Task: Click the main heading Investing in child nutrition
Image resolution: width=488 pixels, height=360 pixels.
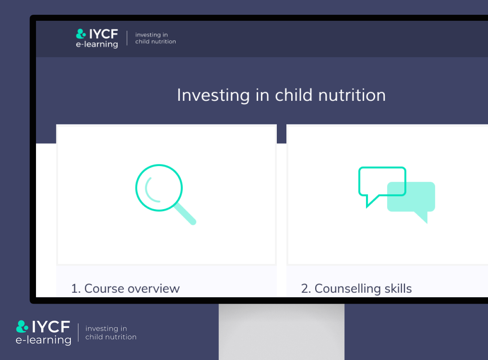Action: [281, 95]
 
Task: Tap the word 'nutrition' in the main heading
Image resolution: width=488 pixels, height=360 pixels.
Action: [352, 95]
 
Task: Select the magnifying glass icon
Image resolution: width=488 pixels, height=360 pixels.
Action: [166, 194]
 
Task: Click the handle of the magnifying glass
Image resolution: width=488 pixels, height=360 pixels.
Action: [185, 214]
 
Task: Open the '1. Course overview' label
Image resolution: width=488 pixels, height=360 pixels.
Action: [126, 288]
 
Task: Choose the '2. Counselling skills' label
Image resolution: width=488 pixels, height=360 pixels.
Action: [356, 288]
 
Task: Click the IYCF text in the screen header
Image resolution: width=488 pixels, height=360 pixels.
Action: [104, 34]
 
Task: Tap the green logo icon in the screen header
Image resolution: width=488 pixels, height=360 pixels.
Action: [81, 34]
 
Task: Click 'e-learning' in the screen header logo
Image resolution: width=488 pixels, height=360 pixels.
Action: [97, 44]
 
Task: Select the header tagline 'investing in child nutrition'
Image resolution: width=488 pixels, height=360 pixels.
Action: [156, 38]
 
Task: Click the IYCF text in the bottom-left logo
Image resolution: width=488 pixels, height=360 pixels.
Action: [51, 327]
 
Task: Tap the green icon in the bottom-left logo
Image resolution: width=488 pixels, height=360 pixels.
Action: [22, 326]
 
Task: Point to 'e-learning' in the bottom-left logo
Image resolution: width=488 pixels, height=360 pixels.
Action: [44, 340]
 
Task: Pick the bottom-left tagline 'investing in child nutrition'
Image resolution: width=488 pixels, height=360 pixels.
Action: [111, 332]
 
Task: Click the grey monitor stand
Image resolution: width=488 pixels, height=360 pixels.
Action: [282, 332]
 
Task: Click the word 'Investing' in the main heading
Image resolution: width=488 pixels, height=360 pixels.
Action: [213, 96]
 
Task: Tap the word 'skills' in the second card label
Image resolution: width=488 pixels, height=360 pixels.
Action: [398, 288]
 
